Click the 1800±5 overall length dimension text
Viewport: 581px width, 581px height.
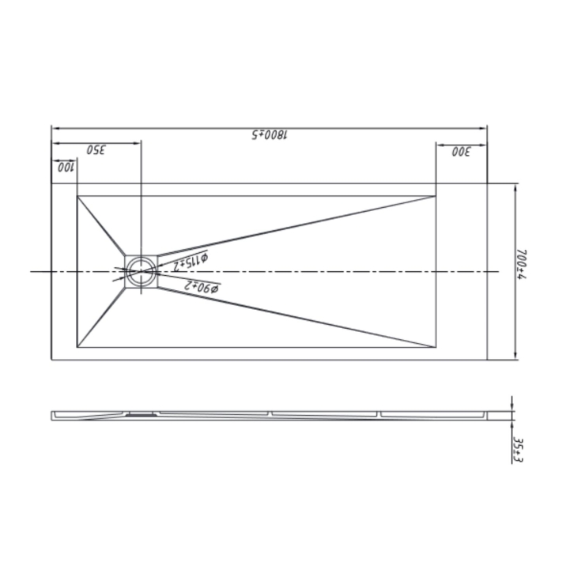click(270, 134)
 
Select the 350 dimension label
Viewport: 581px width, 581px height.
click(96, 150)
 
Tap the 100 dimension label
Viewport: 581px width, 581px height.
click(64, 167)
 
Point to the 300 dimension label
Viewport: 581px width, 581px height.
click(461, 150)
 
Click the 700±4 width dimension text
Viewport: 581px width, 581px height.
click(523, 270)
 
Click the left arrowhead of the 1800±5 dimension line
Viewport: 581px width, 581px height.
click(54, 126)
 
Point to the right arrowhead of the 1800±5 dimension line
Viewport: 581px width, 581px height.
click(485, 126)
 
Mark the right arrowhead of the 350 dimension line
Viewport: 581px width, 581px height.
click(138, 143)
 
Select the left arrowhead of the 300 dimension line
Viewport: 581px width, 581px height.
click(439, 143)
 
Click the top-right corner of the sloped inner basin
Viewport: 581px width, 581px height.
click(436, 195)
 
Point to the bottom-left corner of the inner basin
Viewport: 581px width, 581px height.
click(77, 347)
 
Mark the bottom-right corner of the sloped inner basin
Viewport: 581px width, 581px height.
click(436, 347)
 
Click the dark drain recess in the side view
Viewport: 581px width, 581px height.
click(141, 412)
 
